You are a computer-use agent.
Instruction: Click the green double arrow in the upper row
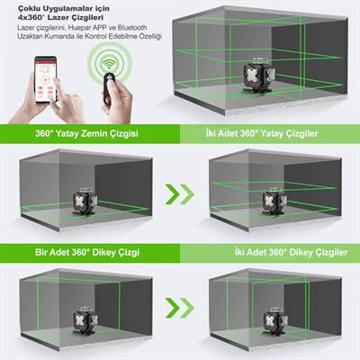tap(180, 193)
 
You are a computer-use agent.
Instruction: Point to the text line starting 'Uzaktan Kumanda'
tap(80, 39)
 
